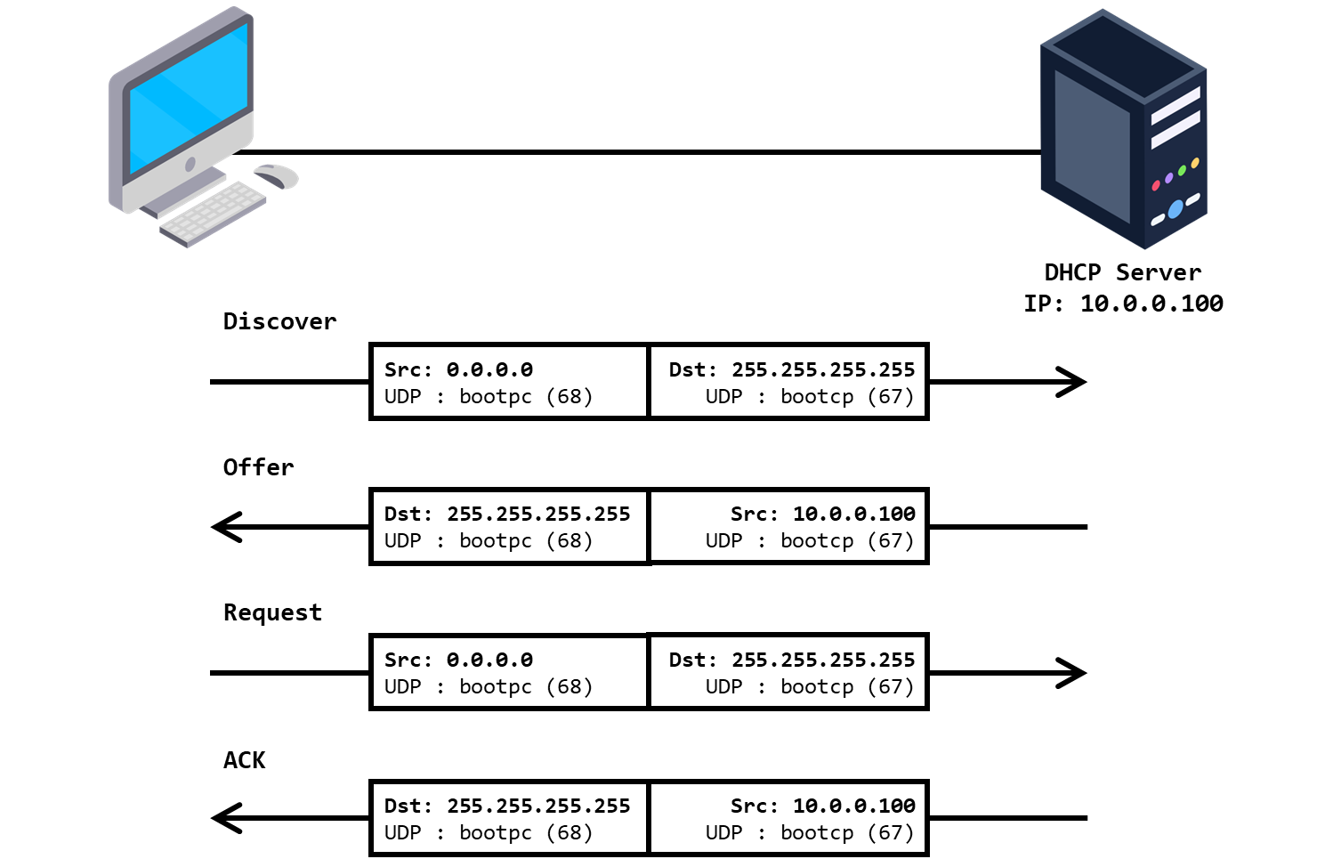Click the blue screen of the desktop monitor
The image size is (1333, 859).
[x=189, y=98]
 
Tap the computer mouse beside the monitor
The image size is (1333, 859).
[x=277, y=175]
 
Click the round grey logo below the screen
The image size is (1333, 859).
[x=190, y=165]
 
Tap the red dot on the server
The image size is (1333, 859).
[x=1156, y=185]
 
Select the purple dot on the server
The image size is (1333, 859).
[x=1168, y=178]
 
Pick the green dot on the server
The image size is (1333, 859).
[x=1182, y=170]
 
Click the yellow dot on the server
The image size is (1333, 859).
[x=1195, y=163]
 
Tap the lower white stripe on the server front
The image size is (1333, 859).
[x=1175, y=129]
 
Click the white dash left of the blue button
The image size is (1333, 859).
[x=1157, y=220]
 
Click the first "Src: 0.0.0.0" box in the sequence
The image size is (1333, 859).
[x=509, y=382]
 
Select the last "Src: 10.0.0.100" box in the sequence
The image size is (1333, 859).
[x=788, y=818]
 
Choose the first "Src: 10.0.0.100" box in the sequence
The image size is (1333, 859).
[x=788, y=526]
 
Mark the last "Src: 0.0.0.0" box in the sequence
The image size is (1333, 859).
[x=509, y=672]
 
